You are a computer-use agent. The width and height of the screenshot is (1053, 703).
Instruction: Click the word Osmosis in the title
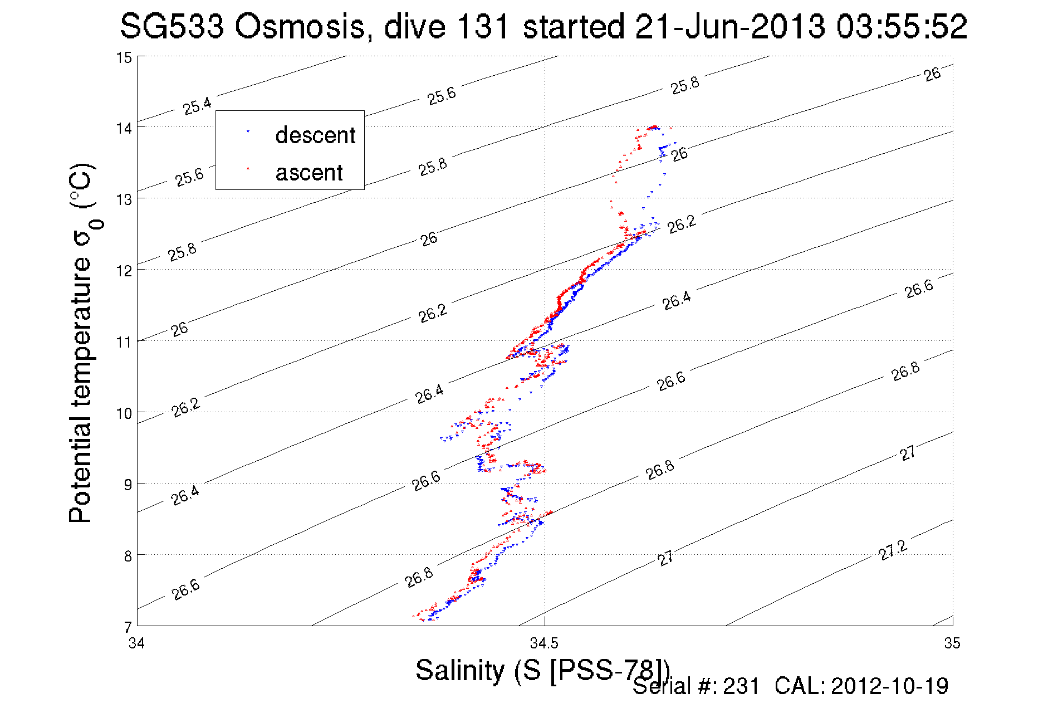point(298,27)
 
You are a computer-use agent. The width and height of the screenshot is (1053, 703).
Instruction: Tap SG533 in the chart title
point(172,27)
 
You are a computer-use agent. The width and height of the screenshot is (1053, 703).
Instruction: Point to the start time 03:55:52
point(902,27)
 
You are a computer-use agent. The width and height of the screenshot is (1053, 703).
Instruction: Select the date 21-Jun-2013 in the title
point(729,27)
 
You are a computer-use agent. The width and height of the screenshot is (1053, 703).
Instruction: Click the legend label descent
point(315,135)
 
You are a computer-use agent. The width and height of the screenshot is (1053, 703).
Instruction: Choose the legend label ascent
point(309,173)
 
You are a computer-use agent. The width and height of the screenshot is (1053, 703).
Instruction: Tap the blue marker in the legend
point(248,132)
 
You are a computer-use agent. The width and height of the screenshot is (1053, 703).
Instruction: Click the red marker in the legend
point(248,168)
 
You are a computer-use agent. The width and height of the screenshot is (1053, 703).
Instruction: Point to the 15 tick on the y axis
point(124,57)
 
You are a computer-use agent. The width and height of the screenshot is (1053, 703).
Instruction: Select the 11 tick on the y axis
point(124,342)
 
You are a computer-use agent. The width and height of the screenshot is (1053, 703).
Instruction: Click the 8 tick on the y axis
point(128,556)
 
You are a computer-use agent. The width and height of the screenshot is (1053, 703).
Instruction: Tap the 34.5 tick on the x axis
point(544,643)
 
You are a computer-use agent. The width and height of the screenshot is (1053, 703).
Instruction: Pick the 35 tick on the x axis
point(952,643)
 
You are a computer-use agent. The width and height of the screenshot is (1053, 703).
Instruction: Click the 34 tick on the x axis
point(137,643)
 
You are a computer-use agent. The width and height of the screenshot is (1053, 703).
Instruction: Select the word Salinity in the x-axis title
point(459,670)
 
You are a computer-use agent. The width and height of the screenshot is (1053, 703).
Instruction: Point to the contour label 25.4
point(198,105)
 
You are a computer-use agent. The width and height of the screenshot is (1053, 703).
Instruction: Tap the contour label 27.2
point(893,550)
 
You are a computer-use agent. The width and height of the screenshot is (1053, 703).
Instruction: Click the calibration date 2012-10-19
point(889,686)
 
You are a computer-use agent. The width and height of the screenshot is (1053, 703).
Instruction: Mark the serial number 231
point(741,686)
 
